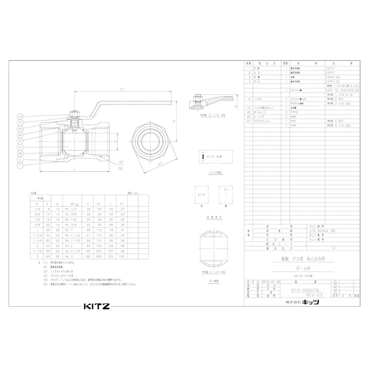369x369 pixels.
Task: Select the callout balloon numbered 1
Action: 20,165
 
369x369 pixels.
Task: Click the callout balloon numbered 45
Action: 20,134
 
